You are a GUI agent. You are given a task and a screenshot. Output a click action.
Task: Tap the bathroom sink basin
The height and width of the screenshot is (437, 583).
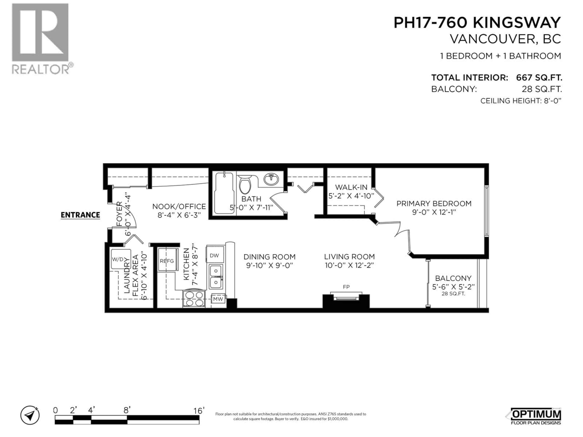(271, 180)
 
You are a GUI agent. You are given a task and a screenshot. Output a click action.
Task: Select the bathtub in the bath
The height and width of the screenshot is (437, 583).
(224, 193)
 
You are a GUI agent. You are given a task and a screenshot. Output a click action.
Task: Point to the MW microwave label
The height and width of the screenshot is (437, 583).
(218, 299)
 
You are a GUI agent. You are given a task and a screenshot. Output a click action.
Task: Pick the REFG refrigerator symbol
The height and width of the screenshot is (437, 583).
(167, 261)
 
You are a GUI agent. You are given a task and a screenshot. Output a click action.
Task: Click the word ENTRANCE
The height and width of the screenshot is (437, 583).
(80, 215)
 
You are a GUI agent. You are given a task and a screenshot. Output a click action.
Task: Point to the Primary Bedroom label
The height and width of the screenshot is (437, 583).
(434, 204)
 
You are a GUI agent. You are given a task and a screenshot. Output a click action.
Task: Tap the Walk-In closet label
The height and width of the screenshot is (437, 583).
(351, 187)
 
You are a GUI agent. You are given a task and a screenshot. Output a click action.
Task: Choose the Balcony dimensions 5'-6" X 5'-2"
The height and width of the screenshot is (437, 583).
(453, 287)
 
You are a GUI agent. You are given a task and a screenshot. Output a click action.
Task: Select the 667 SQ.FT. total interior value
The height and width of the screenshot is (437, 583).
(539, 78)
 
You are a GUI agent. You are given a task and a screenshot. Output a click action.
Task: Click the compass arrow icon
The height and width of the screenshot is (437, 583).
(30, 415)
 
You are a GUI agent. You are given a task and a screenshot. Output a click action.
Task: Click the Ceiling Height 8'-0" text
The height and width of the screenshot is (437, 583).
(521, 101)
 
